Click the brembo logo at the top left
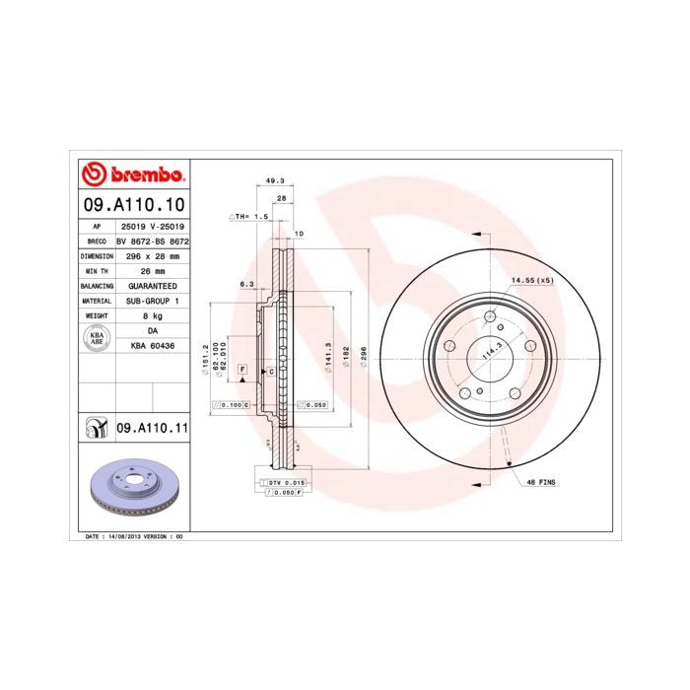pos(132,175)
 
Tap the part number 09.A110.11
pos(152,428)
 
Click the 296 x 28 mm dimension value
pos(152,254)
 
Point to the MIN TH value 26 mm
pos(152,269)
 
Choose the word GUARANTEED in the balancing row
pos(152,285)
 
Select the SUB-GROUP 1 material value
pos(152,300)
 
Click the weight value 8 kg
pos(152,315)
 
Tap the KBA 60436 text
pos(152,346)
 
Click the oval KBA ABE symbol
pos(96,338)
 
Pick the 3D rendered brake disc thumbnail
pos(132,488)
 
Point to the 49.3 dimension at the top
pos(276,181)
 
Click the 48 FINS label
pos(541,482)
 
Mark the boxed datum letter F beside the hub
pos(241,368)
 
